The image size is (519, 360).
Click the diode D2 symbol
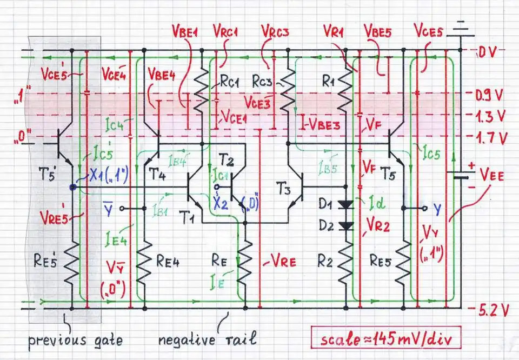(x=344, y=225)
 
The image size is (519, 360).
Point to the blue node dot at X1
(x=72, y=187)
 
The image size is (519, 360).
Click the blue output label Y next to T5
(x=437, y=208)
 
